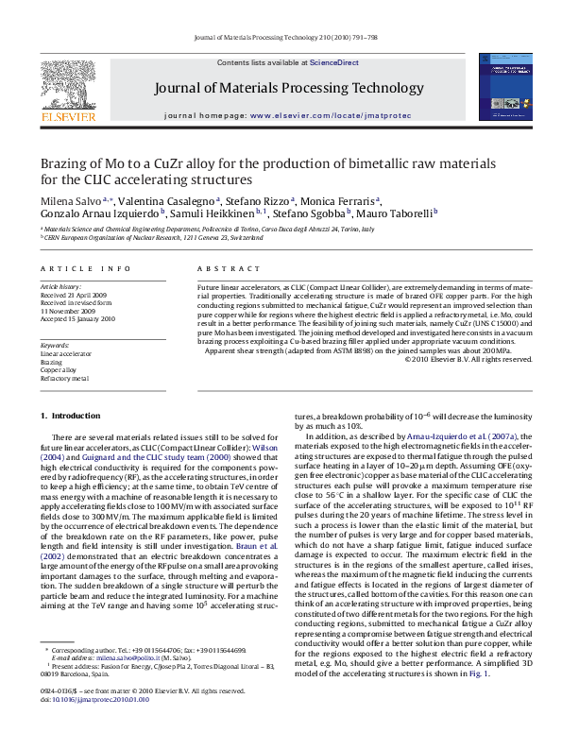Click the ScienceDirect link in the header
click(334, 62)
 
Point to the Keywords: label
click(55, 345)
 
